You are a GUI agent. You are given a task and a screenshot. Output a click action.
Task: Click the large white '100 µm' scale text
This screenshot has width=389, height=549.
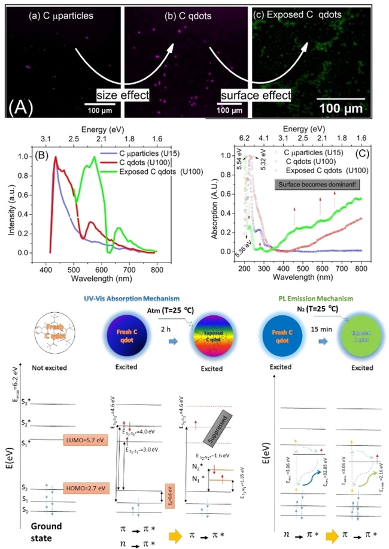(341, 110)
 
